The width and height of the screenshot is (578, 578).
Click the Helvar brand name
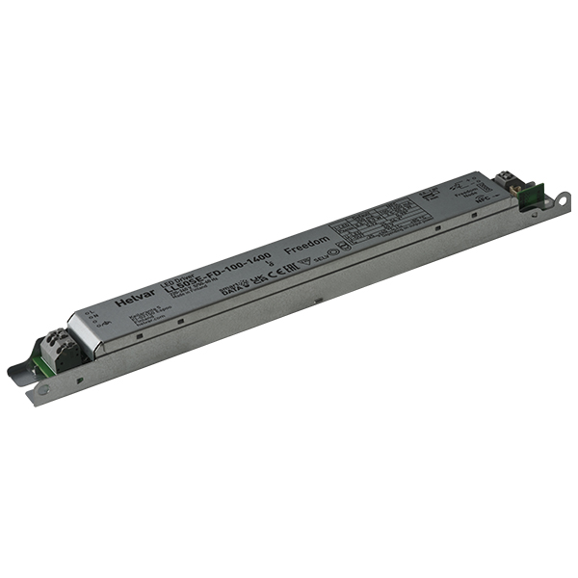pos(131,300)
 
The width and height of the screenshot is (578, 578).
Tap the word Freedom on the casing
pos(309,237)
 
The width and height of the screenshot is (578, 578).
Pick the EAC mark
pos(286,266)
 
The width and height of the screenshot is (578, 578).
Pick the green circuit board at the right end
pos(528,197)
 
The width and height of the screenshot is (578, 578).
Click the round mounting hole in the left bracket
pos(43,389)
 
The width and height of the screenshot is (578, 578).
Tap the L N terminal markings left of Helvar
pos(89,315)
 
